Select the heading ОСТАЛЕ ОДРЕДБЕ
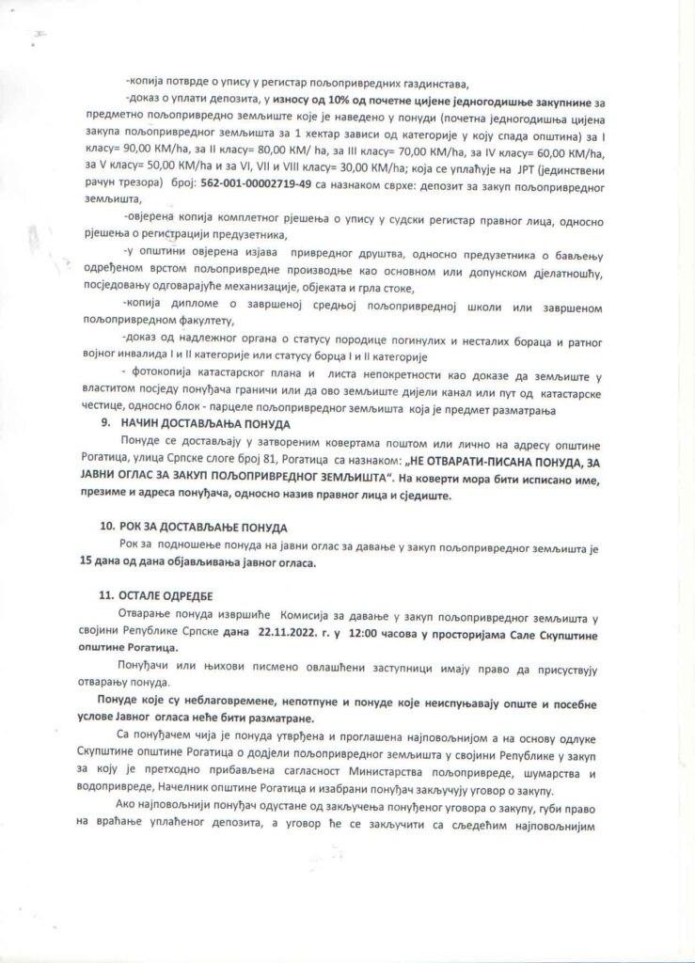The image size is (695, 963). click(x=162, y=596)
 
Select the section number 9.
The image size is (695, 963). click(x=106, y=423)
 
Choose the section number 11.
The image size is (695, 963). click(x=106, y=596)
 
